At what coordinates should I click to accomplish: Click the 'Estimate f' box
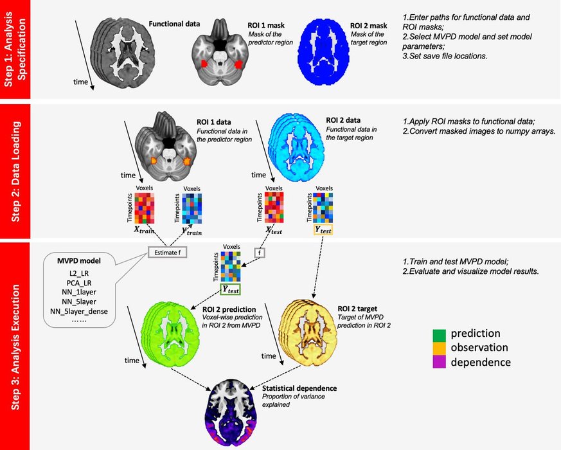pyautogui.click(x=168, y=252)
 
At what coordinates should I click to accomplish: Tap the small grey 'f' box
pyautogui.click(x=260, y=252)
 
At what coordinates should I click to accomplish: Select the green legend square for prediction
pyautogui.click(x=440, y=334)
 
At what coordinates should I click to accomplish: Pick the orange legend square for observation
pyautogui.click(x=440, y=348)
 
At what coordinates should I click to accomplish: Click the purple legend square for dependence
pyautogui.click(x=440, y=362)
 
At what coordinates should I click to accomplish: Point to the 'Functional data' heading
pyautogui.click(x=174, y=24)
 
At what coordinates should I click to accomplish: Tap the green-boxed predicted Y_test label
pyautogui.click(x=230, y=289)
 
